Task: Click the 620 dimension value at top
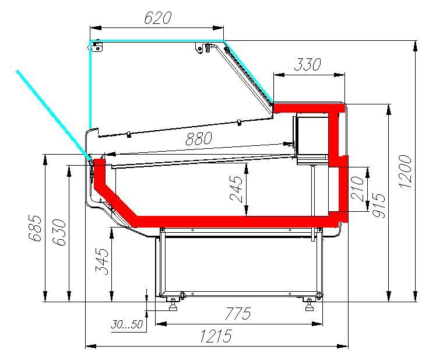157,18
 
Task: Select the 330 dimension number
307,65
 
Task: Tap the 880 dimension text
199,138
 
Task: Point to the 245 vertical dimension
236,189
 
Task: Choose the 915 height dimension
379,205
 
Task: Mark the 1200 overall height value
405,171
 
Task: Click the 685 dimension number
35,228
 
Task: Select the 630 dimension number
59,232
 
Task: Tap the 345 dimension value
102,261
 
